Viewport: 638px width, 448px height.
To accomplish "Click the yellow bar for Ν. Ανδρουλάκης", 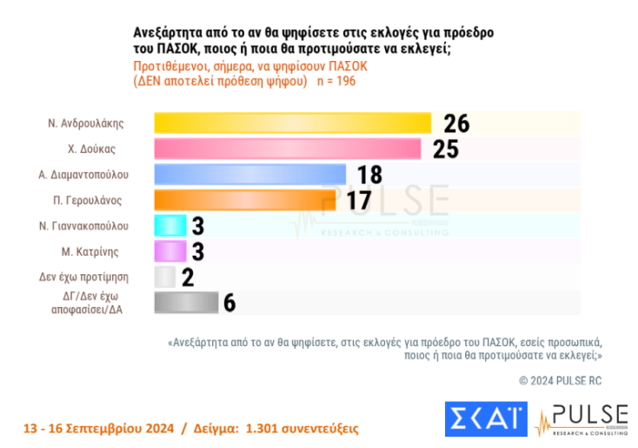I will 292,124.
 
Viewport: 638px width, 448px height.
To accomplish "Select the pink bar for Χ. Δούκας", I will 288,149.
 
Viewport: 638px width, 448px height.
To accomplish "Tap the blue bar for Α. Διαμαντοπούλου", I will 249,174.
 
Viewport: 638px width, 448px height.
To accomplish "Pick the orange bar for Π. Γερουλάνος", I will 244,200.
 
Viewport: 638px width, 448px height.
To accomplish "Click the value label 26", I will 455,124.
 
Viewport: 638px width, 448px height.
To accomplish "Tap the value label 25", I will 446,149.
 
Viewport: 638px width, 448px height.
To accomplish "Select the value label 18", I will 369,175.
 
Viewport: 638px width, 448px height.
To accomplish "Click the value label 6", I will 229,303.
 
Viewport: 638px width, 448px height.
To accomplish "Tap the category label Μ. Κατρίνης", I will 97,251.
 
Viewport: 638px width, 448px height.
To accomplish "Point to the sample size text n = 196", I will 334,81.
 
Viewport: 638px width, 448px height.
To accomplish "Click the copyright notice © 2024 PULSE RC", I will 561,380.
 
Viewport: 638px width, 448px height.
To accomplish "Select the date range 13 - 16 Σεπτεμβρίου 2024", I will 97,429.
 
